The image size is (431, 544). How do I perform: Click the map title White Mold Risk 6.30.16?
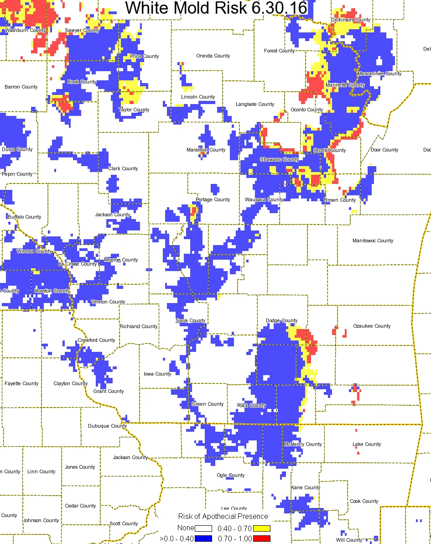(216, 8)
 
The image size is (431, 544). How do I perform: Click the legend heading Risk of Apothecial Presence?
(223, 516)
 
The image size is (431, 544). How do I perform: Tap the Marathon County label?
(206, 150)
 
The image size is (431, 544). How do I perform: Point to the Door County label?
(384, 150)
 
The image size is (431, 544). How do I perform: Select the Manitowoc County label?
(373, 241)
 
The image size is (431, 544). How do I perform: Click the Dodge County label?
(281, 320)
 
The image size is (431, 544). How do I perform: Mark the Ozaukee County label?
(372, 326)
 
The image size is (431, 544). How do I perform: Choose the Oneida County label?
(213, 56)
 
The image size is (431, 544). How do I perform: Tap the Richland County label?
(139, 326)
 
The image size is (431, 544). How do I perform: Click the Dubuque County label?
(107, 426)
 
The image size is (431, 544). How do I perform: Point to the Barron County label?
(21, 87)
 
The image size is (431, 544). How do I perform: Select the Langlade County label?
(255, 104)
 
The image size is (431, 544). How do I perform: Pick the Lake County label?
(367, 444)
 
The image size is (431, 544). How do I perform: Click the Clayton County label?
(70, 383)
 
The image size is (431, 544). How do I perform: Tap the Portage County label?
(213, 199)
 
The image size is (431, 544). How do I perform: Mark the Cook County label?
(364, 501)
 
